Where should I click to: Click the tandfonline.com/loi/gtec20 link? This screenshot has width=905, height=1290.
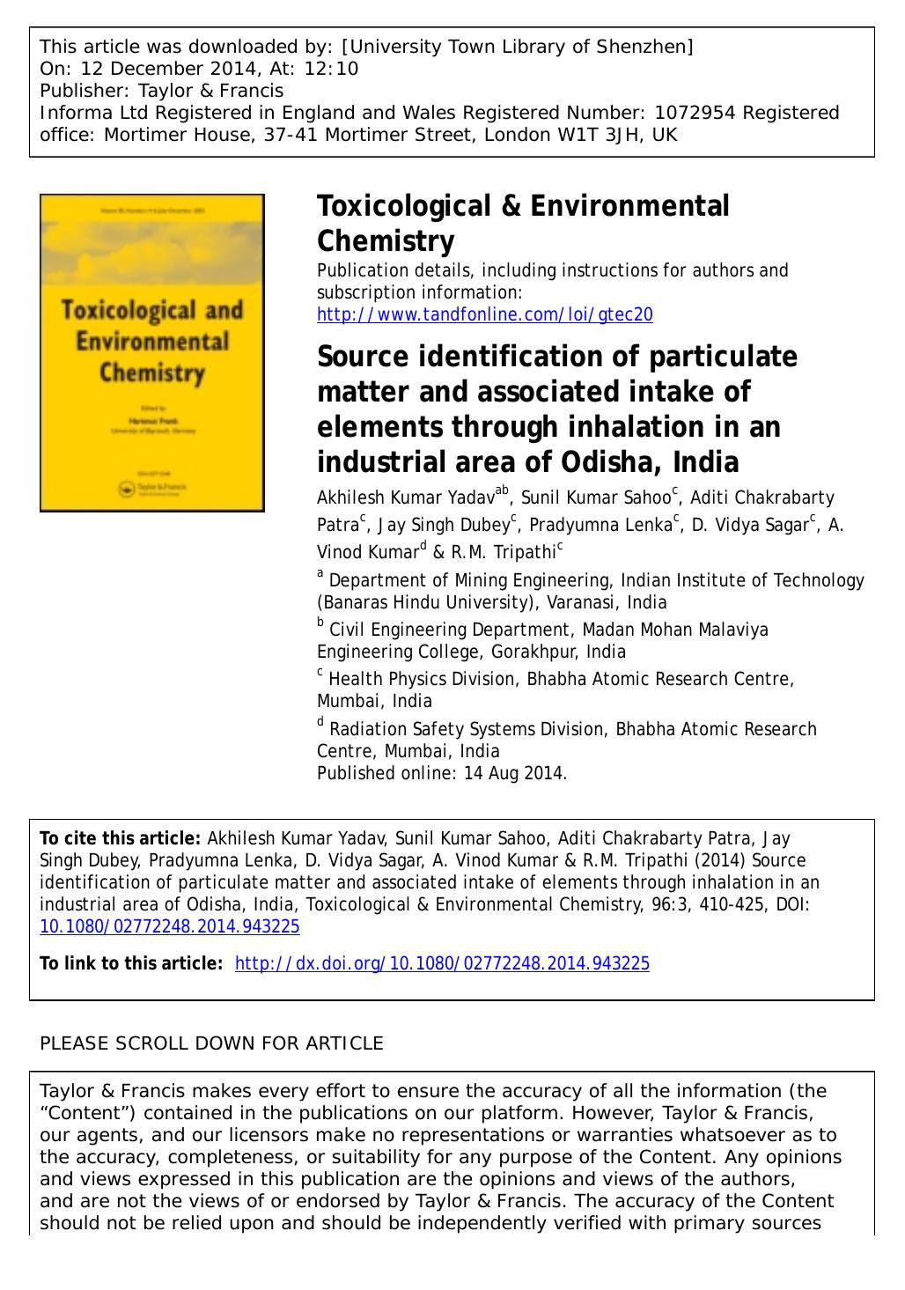click(484, 314)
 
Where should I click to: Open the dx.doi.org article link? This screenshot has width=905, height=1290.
click(442, 963)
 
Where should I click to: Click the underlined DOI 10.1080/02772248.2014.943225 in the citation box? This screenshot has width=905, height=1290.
click(170, 926)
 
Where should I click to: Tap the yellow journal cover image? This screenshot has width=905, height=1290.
click(152, 352)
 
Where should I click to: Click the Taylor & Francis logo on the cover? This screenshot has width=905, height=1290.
click(151, 486)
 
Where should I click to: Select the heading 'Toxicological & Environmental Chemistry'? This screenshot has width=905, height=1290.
click(523, 223)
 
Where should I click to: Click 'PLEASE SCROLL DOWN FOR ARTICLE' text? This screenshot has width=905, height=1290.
click(212, 1043)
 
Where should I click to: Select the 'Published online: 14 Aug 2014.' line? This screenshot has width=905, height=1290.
click(442, 773)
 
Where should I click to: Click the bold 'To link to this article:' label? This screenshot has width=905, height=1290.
click(131, 963)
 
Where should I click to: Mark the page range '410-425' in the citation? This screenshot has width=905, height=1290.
click(714, 904)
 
